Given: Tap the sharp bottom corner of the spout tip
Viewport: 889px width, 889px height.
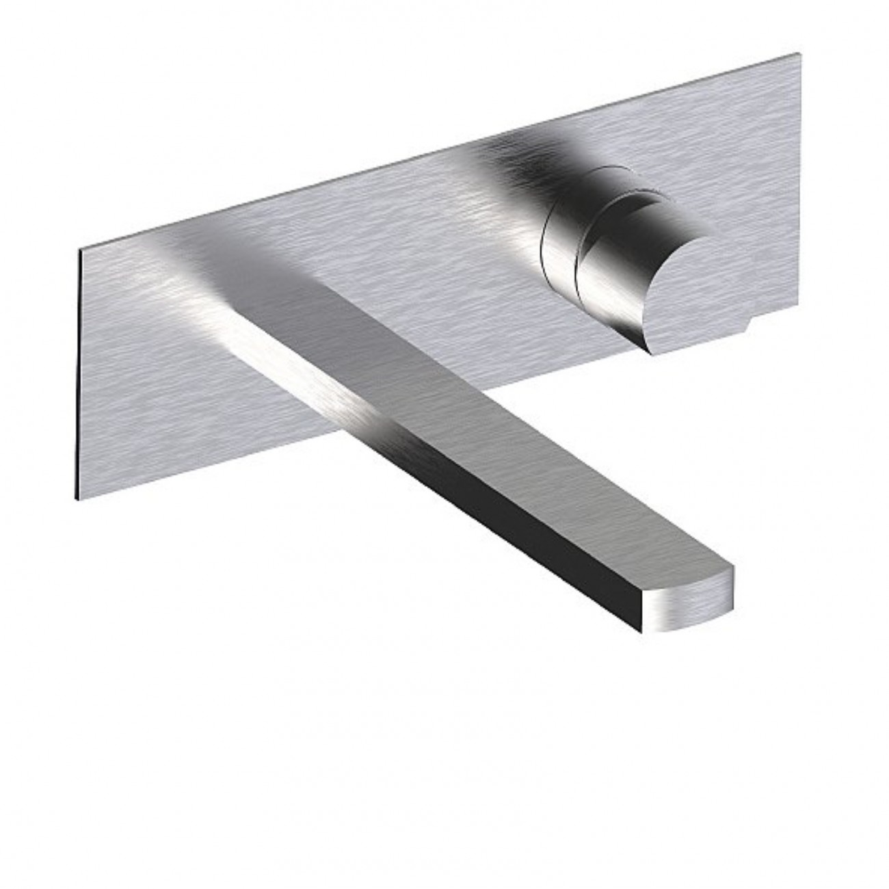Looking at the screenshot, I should [641, 632].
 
